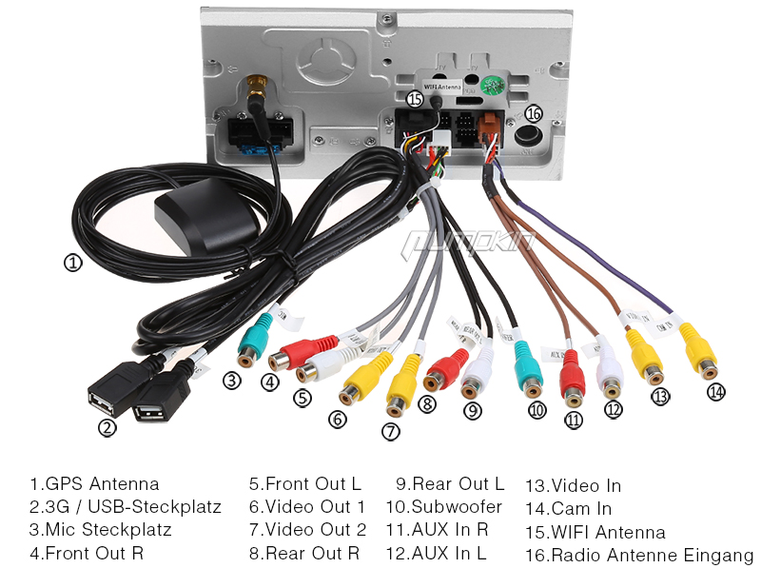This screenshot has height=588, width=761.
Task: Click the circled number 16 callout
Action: pyautogui.click(x=533, y=113)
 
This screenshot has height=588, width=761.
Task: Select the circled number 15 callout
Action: pyautogui.click(x=414, y=98)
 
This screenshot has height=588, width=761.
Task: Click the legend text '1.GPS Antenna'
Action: pyautogui.click(x=94, y=484)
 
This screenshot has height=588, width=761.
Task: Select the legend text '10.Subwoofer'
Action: pyautogui.click(x=443, y=507)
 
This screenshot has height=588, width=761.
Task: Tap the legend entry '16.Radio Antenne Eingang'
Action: pyautogui.click(x=638, y=555)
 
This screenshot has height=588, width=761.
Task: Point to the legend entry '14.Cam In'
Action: pyautogui.click(x=568, y=509)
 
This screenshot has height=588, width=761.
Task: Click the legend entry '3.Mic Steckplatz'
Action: pyautogui.click(x=100, y=530)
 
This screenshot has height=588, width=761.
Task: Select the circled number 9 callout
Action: pyautogui.click(x=474, y=411)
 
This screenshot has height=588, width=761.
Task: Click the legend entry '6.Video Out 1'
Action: pyautogui.click(x=307, y=507)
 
